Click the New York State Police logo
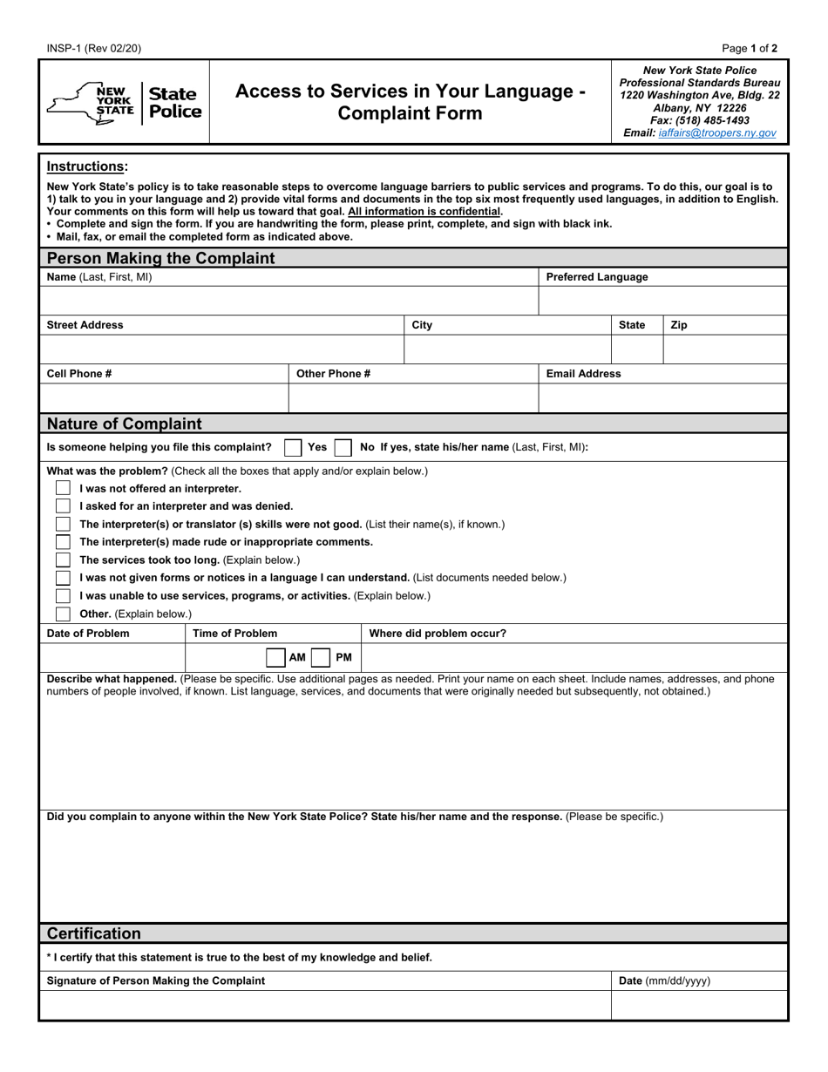pos(124,102)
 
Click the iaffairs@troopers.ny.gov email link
pos(716,133)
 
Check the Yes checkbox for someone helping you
pos(293,447)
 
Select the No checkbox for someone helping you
pos(343,447)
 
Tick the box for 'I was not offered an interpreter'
pos(63,488)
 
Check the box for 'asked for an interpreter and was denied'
pos(63,505)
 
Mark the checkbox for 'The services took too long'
pos(63,560)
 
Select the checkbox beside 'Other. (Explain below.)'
pos(63,614)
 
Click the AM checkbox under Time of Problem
pos(275,657)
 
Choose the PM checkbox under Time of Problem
pos(321,657)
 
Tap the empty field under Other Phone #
pos(413,397)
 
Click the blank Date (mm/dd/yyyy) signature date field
pos(699,1005)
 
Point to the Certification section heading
pos(94,933)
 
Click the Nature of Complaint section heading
pos(124,424)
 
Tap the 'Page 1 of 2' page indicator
pos(750,49)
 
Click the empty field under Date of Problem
pos(112,657)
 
